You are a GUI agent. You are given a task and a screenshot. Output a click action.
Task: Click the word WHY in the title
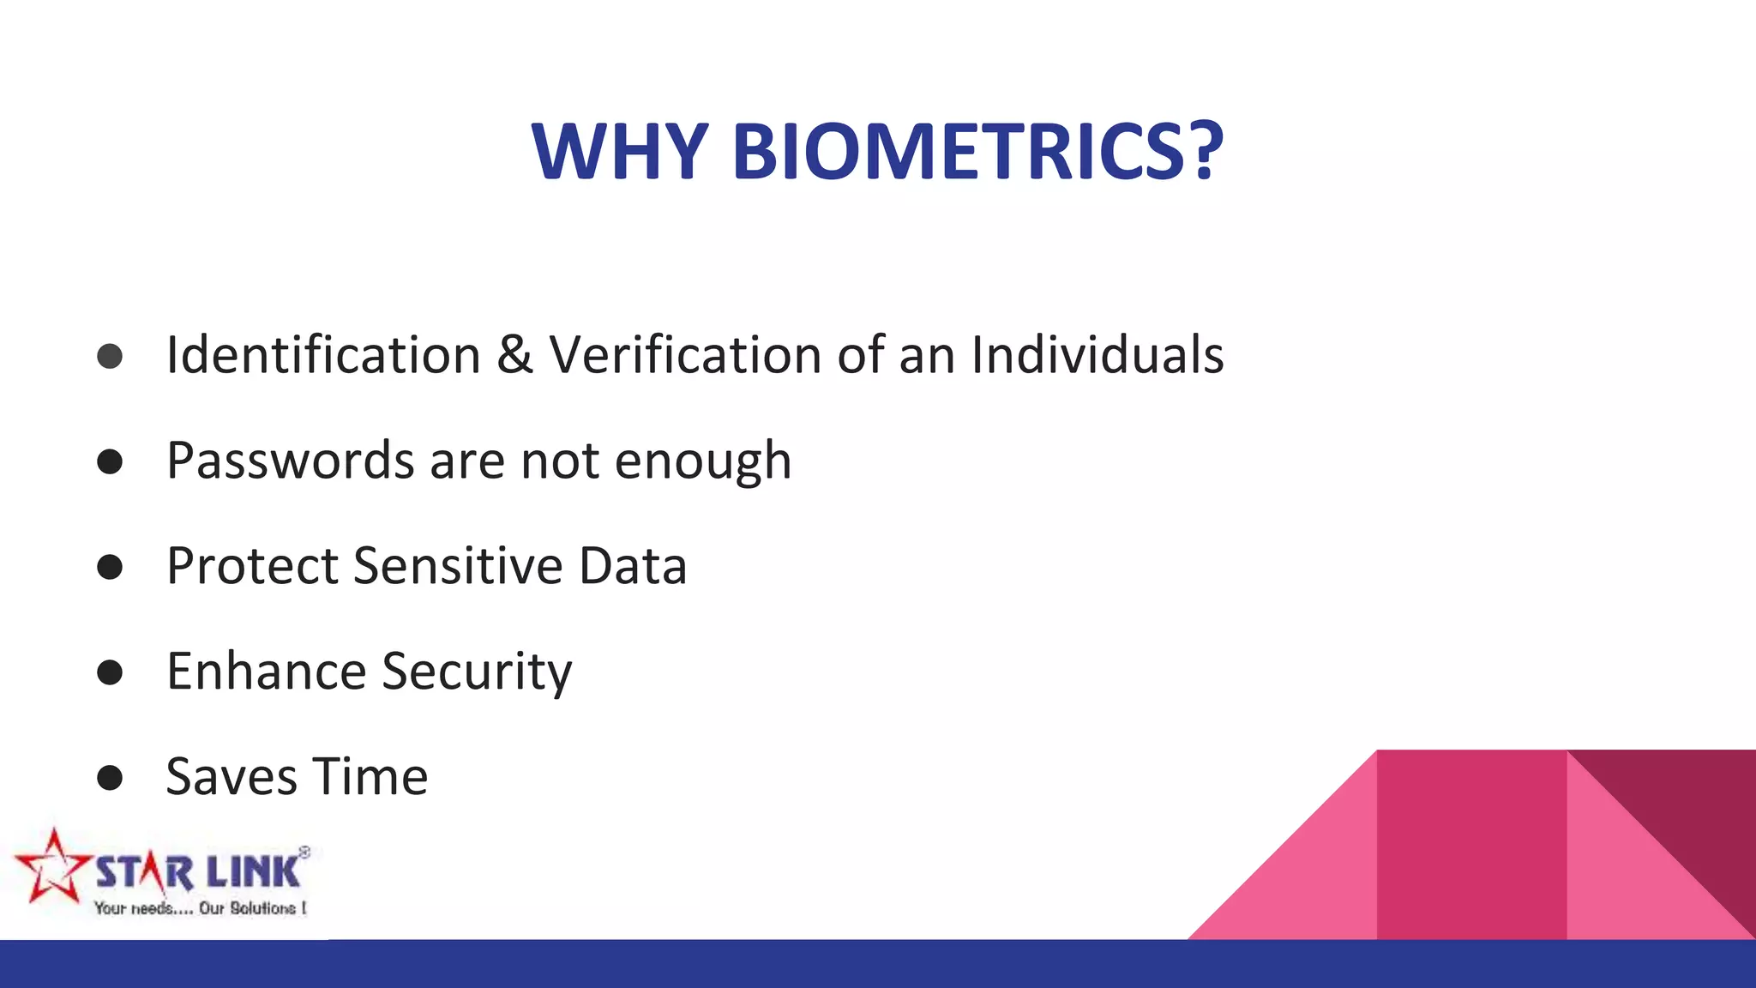619,152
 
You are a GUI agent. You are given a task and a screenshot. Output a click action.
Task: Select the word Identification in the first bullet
323,355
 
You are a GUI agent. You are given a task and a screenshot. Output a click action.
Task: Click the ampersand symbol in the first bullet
514,355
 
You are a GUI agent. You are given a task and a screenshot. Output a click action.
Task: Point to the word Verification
686,355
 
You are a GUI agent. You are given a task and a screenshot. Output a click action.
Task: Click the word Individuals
1097,355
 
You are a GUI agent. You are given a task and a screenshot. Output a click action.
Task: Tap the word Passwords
290,461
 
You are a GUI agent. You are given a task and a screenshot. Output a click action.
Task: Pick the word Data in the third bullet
633,566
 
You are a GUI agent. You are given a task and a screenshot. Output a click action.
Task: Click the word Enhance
267,671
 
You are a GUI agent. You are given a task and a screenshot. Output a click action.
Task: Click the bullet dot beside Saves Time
110,778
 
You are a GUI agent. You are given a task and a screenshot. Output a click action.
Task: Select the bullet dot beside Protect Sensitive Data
110,567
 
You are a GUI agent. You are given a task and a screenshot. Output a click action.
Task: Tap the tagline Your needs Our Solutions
200,908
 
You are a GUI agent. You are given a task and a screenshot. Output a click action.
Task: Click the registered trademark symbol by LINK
304,852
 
